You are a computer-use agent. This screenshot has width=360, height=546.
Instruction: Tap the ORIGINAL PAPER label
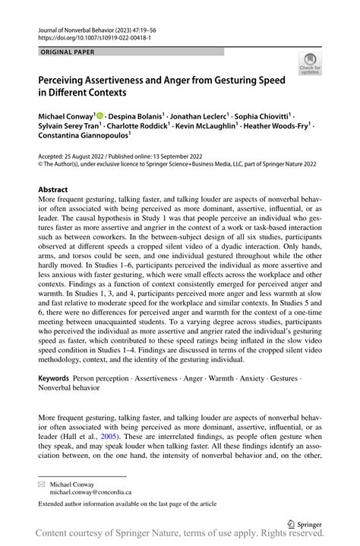[67, 52]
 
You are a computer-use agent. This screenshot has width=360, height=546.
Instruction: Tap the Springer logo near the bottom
[305, 523]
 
